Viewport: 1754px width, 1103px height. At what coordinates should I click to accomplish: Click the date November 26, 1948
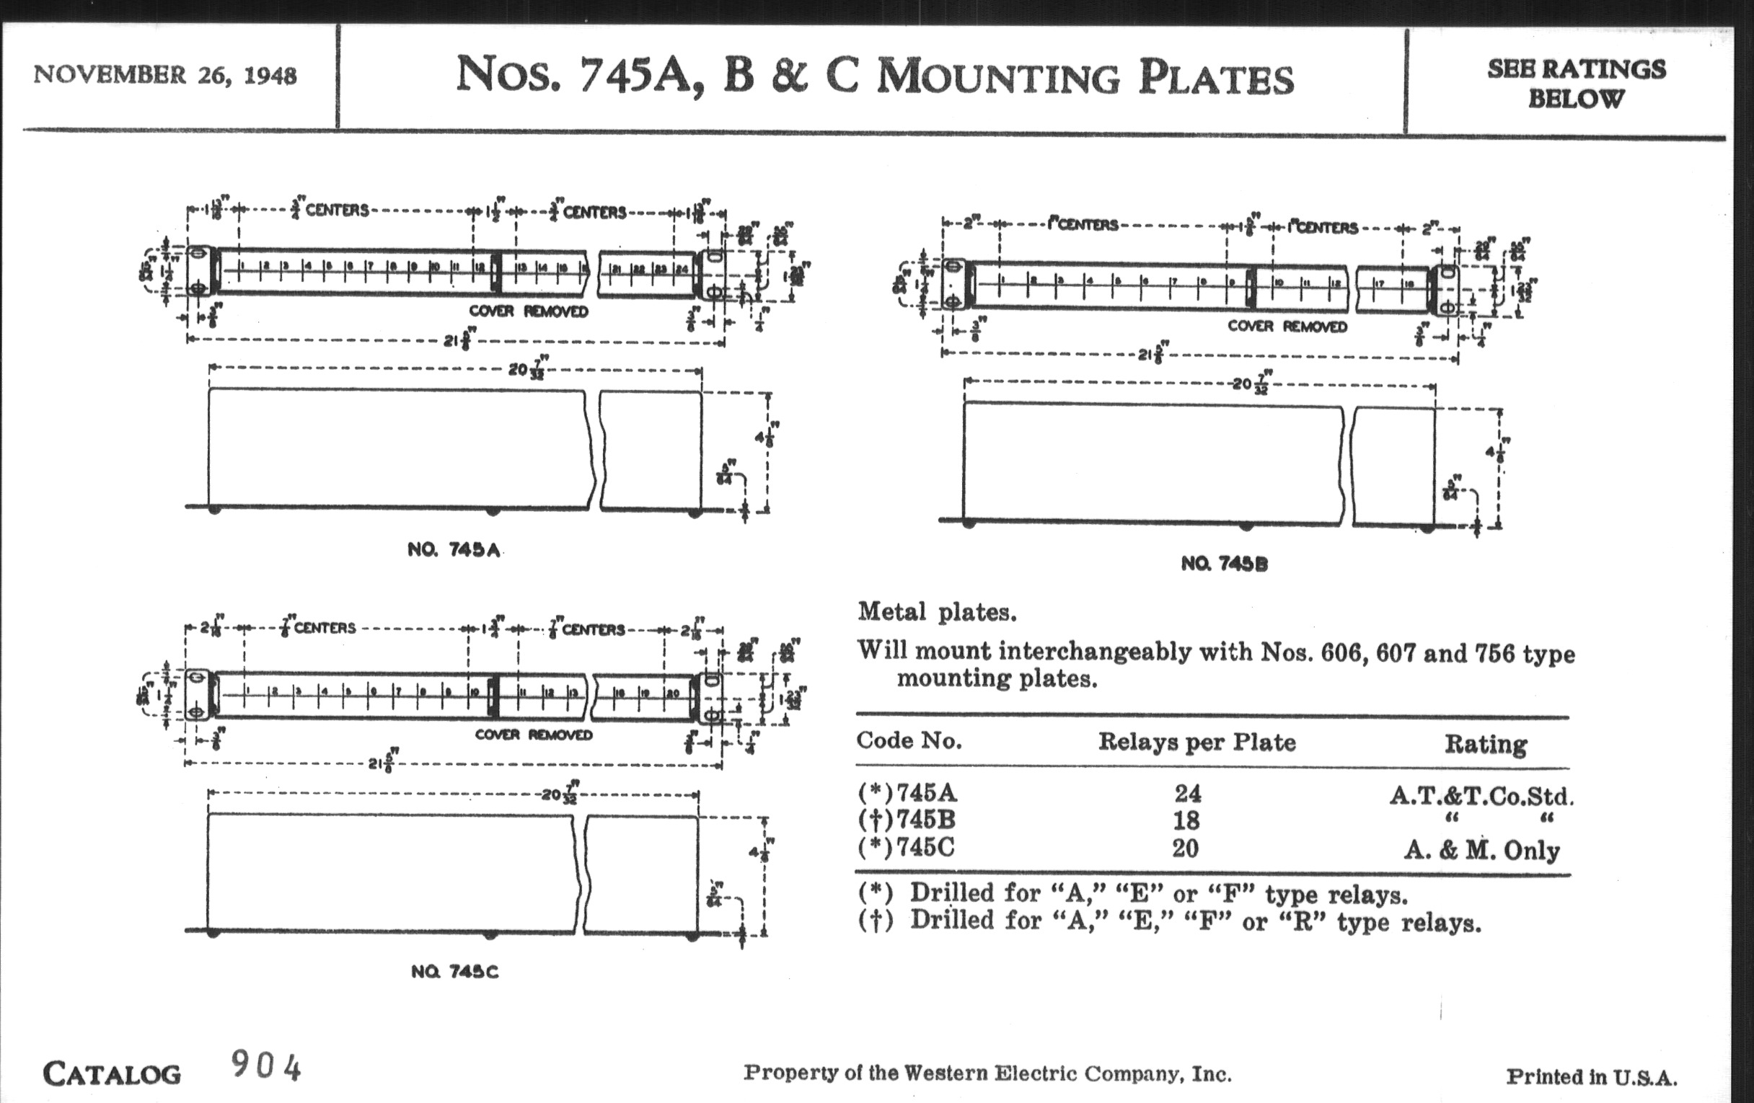pos(164,75)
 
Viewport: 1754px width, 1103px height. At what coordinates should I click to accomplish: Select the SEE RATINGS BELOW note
pos(1577,83)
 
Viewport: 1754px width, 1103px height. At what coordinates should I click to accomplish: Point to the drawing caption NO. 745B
pos(1224,564)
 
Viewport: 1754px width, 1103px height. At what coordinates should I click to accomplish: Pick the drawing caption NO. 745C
pos(454,972)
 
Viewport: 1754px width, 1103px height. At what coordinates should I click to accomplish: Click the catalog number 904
pos(266,1068)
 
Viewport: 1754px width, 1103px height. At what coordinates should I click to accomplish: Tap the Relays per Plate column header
pos(1196,742)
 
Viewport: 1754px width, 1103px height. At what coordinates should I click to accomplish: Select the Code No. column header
pos(909,740)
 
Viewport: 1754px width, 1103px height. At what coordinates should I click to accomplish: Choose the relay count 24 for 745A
pos(1187,793)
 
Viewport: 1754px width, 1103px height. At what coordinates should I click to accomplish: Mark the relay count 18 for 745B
pos(1186,820)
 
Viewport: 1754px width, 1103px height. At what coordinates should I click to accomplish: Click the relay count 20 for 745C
pos(1185,849)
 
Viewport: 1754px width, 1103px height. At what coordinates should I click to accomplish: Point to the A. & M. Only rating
pos(1481,851)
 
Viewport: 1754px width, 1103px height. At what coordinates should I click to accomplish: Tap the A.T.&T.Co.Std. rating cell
pos(1481,796)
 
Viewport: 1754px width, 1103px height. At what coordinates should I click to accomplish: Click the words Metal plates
pos(937,612)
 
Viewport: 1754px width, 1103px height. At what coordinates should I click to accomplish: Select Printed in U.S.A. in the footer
pos(1592,1077)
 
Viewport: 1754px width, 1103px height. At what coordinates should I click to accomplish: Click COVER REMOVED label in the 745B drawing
pos(1287,326)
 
